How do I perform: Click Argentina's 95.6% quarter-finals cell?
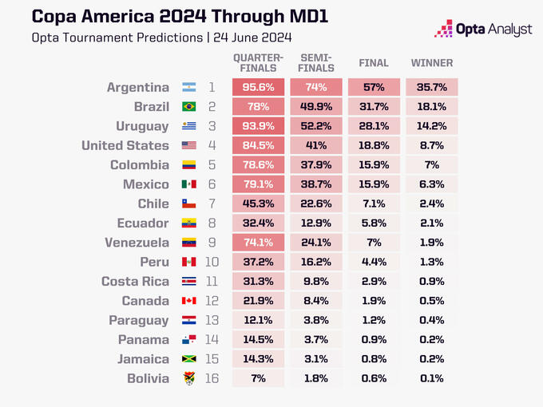[x=259, y=88]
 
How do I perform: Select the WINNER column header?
[x=432, y=63]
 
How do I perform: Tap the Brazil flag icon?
[x=189, y=107]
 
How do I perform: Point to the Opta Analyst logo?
[x=482, y=30]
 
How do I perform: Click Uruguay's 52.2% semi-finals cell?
[x=317, y=126]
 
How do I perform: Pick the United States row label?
[x=125, y=145]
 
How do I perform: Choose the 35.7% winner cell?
[x=432, y=88]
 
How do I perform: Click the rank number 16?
[x=212, y=378]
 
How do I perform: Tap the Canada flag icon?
[x=189, y=301]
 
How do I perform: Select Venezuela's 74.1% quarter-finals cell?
[x=259, y=243]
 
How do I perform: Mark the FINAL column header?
[x=375, y=63]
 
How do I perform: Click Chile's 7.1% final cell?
[x=375, y=203]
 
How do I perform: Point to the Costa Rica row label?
[x=135, y=282]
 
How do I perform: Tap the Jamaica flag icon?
[x=189, y=359]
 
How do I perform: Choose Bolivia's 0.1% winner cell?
[x=432, y=378]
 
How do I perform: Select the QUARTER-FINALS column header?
[x=259, y=63]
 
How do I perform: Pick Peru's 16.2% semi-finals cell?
[x=317, y=262]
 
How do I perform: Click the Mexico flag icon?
[x=189, y=184]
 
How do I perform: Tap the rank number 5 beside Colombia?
[x=212, y=165]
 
